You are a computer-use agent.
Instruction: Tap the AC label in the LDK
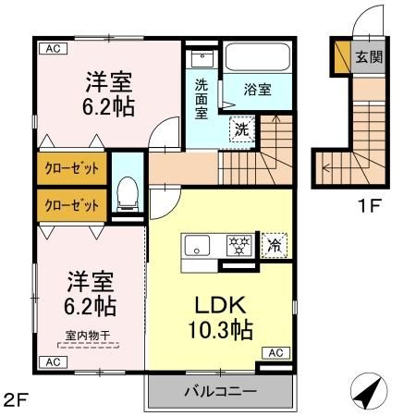(x=276, y=351)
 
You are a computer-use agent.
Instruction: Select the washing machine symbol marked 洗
(x=239, y=128)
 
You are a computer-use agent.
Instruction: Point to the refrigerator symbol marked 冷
(x=275, y=245)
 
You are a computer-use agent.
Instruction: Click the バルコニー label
(x=219, y=391)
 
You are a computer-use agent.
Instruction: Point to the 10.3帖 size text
(x=223, y=328)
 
